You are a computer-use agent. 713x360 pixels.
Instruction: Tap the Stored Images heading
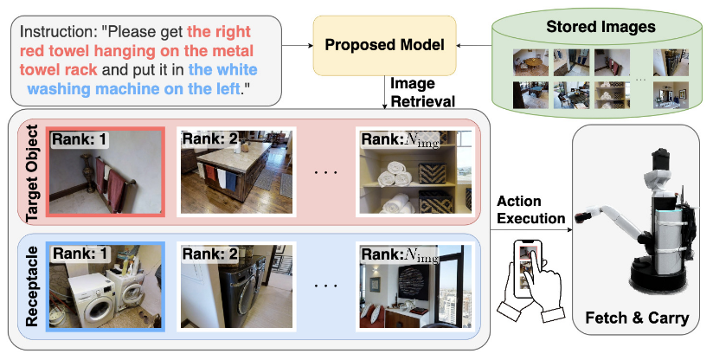coord(601,27)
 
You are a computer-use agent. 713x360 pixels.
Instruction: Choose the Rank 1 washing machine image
coord(105,286)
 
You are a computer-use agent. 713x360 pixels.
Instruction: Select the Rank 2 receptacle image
coord(236,286)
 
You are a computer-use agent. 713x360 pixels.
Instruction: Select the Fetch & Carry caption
coord(638,318)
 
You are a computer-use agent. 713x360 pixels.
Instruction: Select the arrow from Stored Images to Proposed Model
coord(472,44)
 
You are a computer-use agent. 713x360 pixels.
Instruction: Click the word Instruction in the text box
coord(57,35)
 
